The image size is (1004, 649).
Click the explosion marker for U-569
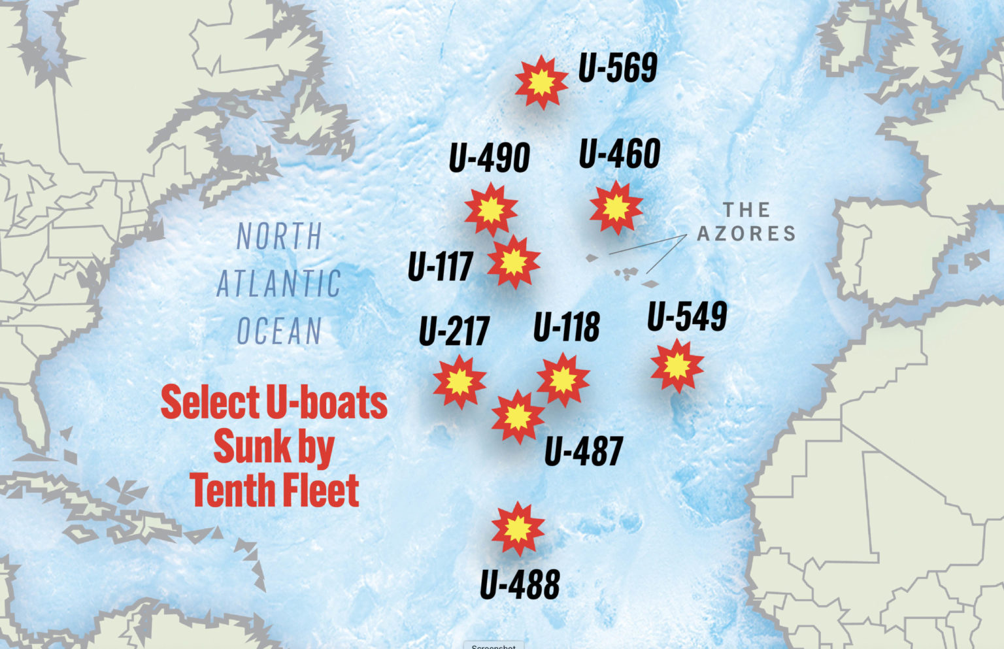click(x=541, y=82)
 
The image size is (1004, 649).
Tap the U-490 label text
click(x=489, y=158)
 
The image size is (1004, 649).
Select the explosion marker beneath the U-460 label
click(x=615, y=208)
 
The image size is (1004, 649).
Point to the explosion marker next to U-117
click(x=514, y=261)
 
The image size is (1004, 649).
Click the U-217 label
click(x=454, y=331)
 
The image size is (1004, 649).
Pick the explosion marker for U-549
click(x=677, y=366)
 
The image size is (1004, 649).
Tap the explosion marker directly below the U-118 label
click(x=563, y=380)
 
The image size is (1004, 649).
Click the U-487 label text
click(x=584, y=451)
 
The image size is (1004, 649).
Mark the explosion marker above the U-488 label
click(x=518, y=528)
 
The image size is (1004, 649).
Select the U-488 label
click(x=520, y=584)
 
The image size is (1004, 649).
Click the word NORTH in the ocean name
click(x=280, y=237)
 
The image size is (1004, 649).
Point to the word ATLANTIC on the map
click(x=279, y=284)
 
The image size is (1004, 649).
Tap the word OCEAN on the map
click(x=280, y=331)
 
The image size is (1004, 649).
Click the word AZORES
click(x=746, y=233)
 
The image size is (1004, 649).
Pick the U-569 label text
click(x=618, y=68)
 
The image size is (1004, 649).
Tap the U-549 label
click(x=687, y=317)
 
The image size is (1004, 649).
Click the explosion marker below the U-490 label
click(x=491, y=210)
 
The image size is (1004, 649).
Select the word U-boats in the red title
click(x=327, y=403)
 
